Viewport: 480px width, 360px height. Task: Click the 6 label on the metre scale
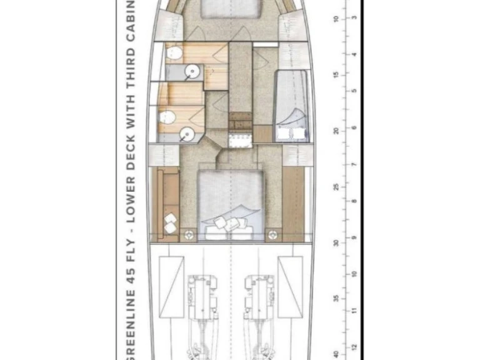pos(354,128)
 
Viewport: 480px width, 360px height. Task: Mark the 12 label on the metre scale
pos(354,347)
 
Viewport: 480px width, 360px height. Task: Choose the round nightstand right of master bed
pos(272,235)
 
